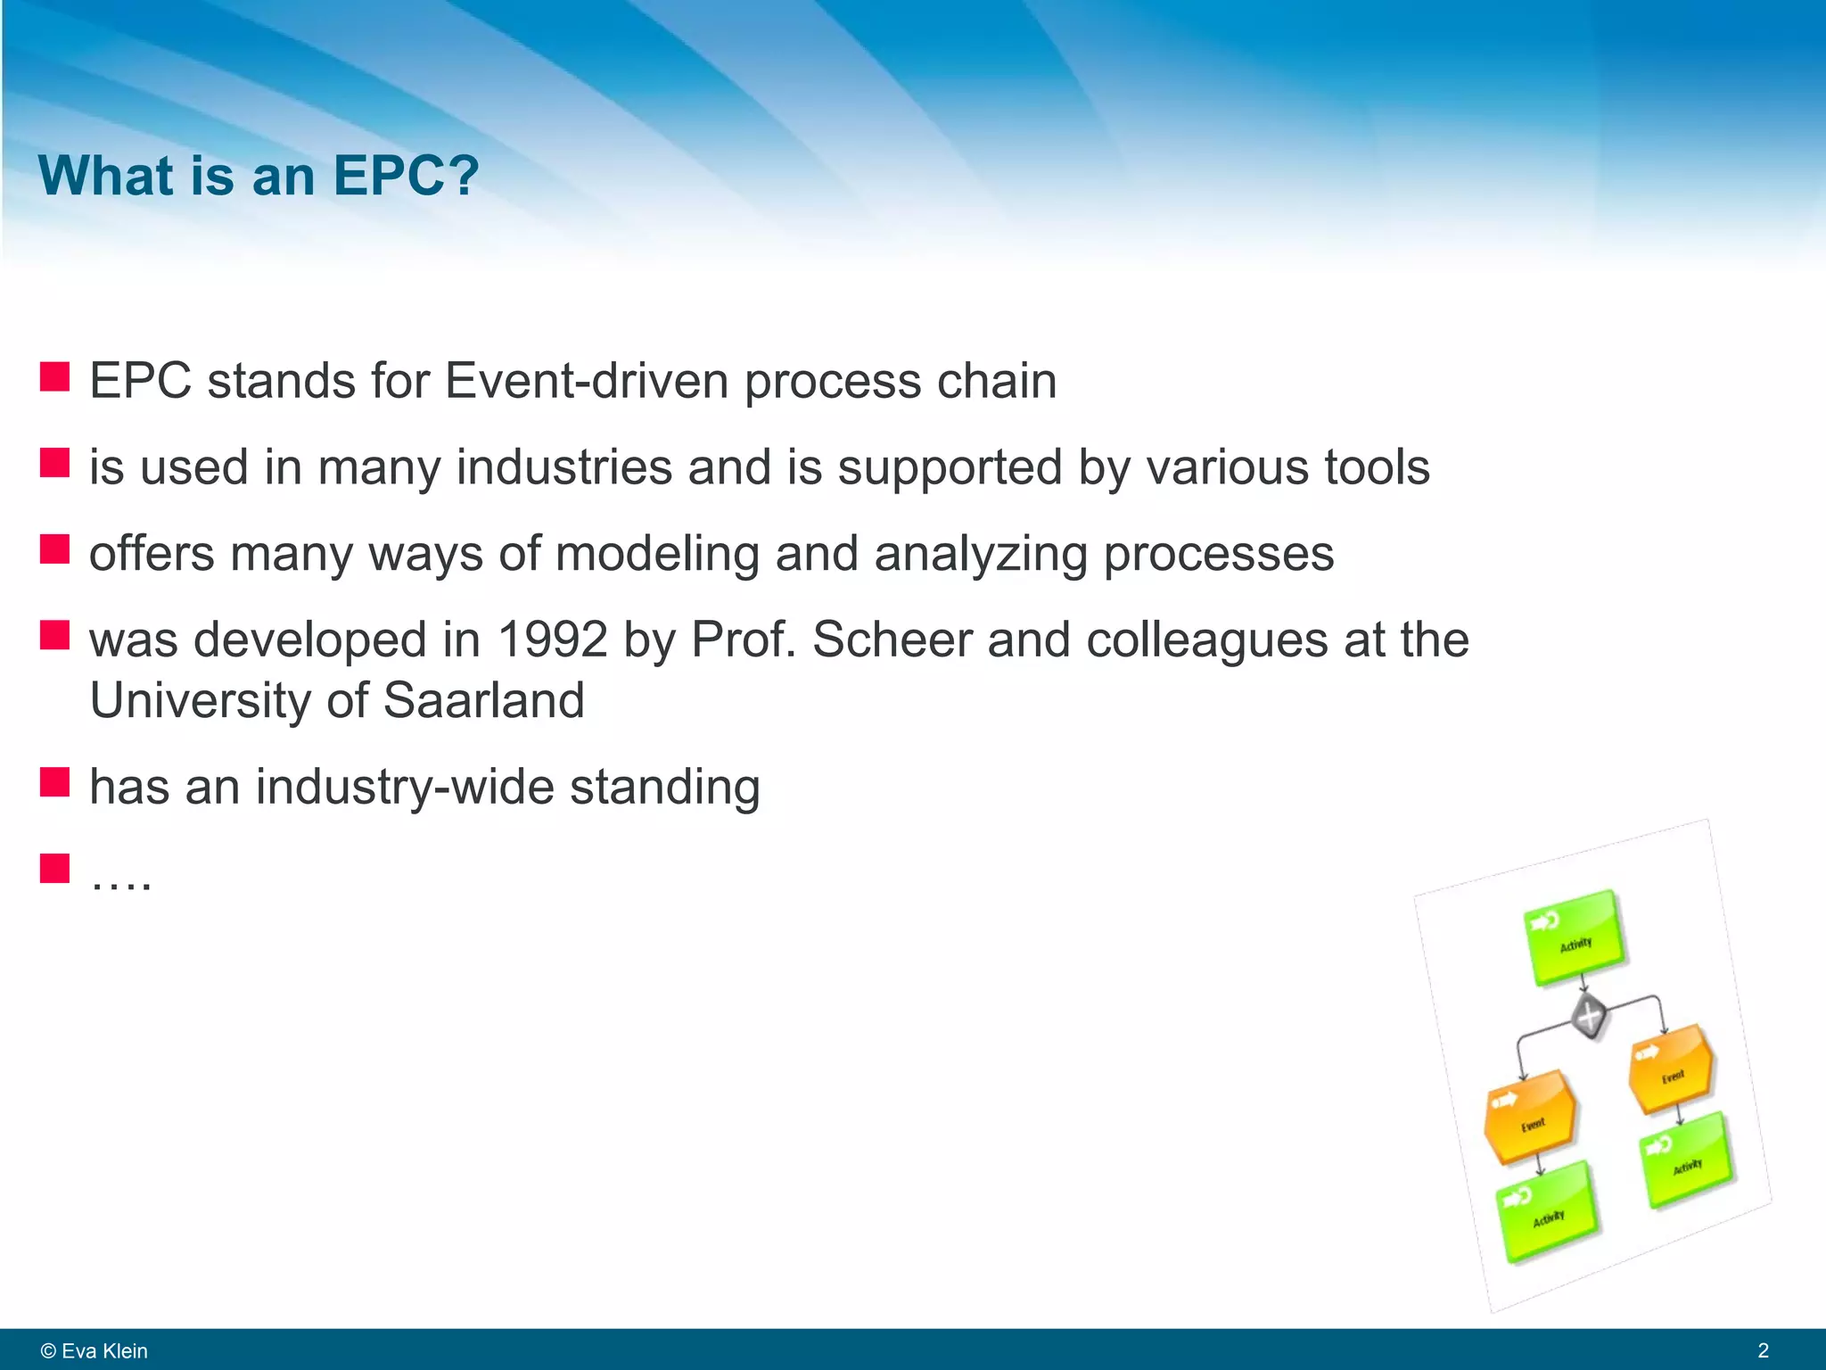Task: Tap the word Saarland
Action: click(483, 701)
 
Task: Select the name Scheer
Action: click(892, 640)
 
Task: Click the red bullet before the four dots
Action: click(54, 868)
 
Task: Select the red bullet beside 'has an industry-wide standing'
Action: click(54, 782)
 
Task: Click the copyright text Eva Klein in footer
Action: click(95, 1350)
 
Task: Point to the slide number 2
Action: click(1763, 1350)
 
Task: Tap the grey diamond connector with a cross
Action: click(1589, 1016)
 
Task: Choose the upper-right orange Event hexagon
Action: click(1671, 1070)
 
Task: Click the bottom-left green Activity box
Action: click(1548, 1212)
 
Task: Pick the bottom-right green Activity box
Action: click(1687, 1160)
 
